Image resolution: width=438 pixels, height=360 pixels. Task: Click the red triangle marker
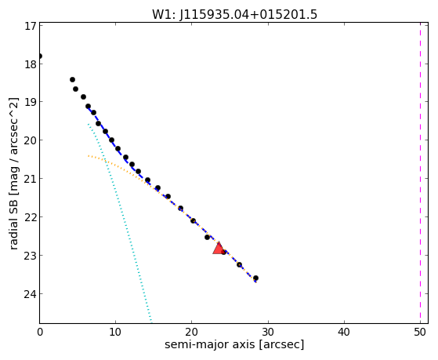pos(219,249)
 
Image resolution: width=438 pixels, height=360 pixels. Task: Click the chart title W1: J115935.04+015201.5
pos(234,15)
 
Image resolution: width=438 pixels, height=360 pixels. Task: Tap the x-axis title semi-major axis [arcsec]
pos(234,344)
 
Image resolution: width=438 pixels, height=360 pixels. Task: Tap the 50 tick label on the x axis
pos(420,332)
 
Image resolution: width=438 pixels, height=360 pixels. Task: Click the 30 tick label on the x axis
pos(268,332)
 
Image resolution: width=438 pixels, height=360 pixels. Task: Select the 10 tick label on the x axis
pos(115,332)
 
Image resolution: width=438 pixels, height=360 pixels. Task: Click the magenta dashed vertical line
pos(420,173)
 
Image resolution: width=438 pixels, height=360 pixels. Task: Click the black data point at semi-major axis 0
pos(40,56)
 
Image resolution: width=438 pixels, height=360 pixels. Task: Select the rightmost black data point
pos(255,278)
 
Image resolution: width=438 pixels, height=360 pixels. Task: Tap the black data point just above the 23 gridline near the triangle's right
pos(223,252)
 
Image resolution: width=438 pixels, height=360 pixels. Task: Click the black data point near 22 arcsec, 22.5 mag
pos(207,237)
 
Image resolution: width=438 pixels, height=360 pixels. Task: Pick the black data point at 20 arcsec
pos(193,220)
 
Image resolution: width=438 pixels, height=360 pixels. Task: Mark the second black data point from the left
pos(72,80)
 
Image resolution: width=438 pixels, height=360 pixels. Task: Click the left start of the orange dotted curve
pos(89,155)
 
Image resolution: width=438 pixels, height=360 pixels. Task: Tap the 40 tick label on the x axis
pos(344,332)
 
